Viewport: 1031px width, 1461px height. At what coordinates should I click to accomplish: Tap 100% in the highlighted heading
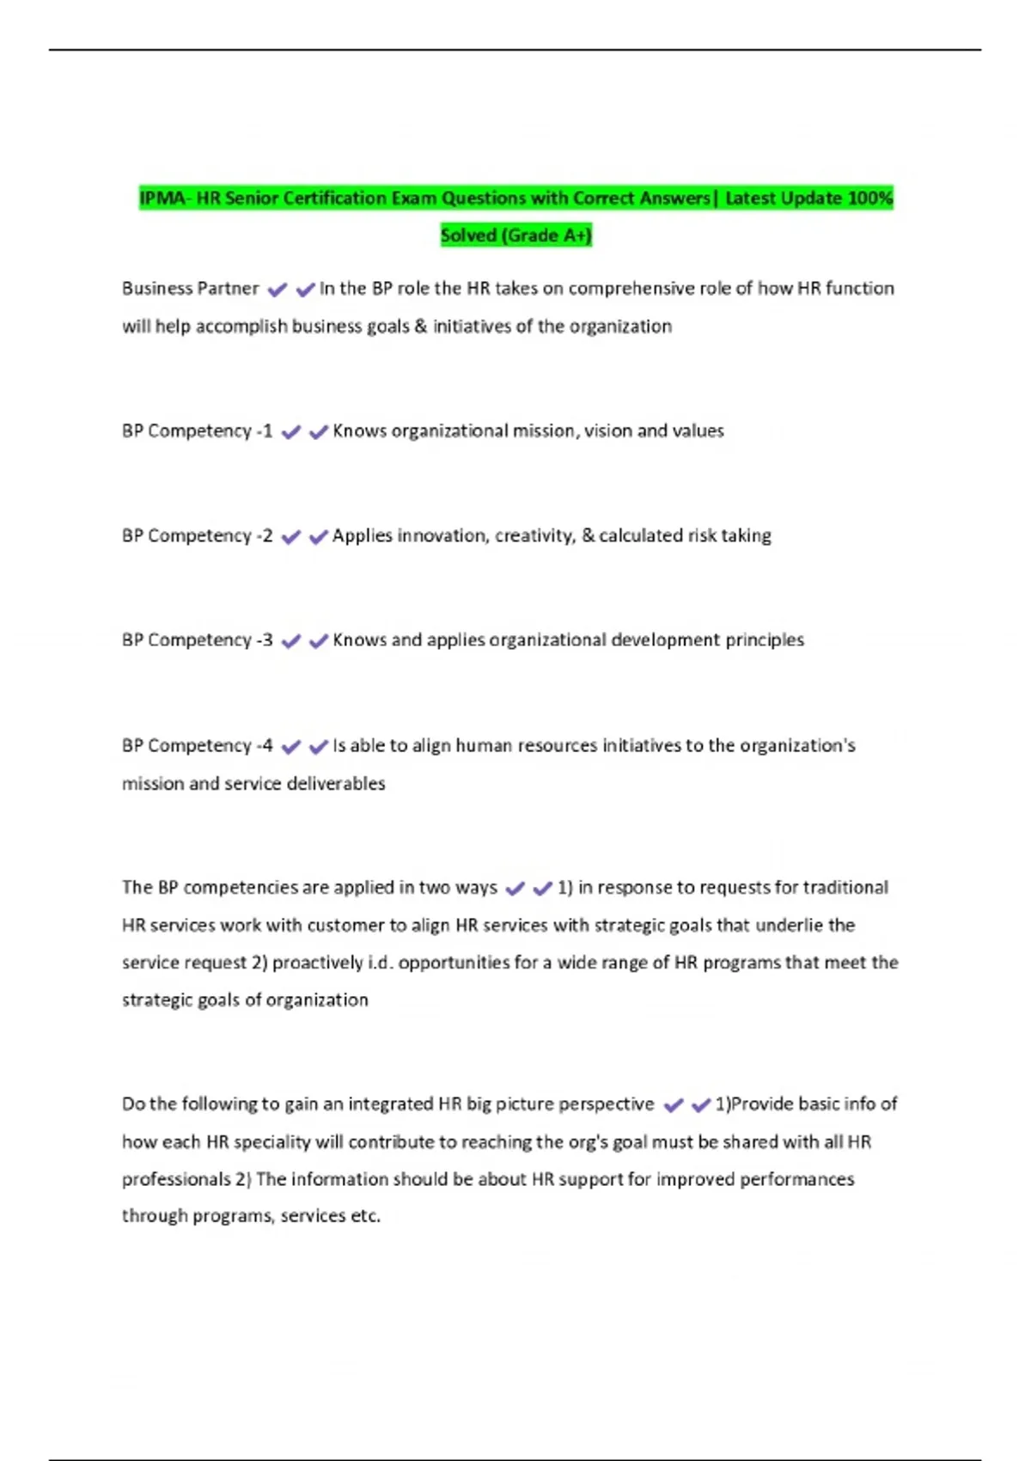869,199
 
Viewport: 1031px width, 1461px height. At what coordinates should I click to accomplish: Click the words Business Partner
190,289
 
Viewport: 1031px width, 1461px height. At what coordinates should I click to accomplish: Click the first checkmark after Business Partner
277,290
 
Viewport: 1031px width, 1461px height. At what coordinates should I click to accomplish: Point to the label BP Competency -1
197,431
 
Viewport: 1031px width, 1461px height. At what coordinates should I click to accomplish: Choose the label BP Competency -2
197,536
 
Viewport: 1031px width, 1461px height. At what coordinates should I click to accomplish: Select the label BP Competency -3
197,640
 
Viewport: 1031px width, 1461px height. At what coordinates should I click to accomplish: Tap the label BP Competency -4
197,746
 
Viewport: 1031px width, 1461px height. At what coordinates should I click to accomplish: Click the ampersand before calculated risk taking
588,536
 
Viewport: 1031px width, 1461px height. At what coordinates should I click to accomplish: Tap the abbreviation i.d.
381,963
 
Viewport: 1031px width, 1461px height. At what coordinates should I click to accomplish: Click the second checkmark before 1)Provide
701,1105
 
